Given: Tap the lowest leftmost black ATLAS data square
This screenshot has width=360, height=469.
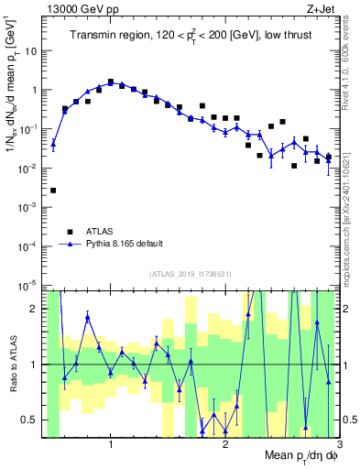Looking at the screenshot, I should [53, 191].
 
